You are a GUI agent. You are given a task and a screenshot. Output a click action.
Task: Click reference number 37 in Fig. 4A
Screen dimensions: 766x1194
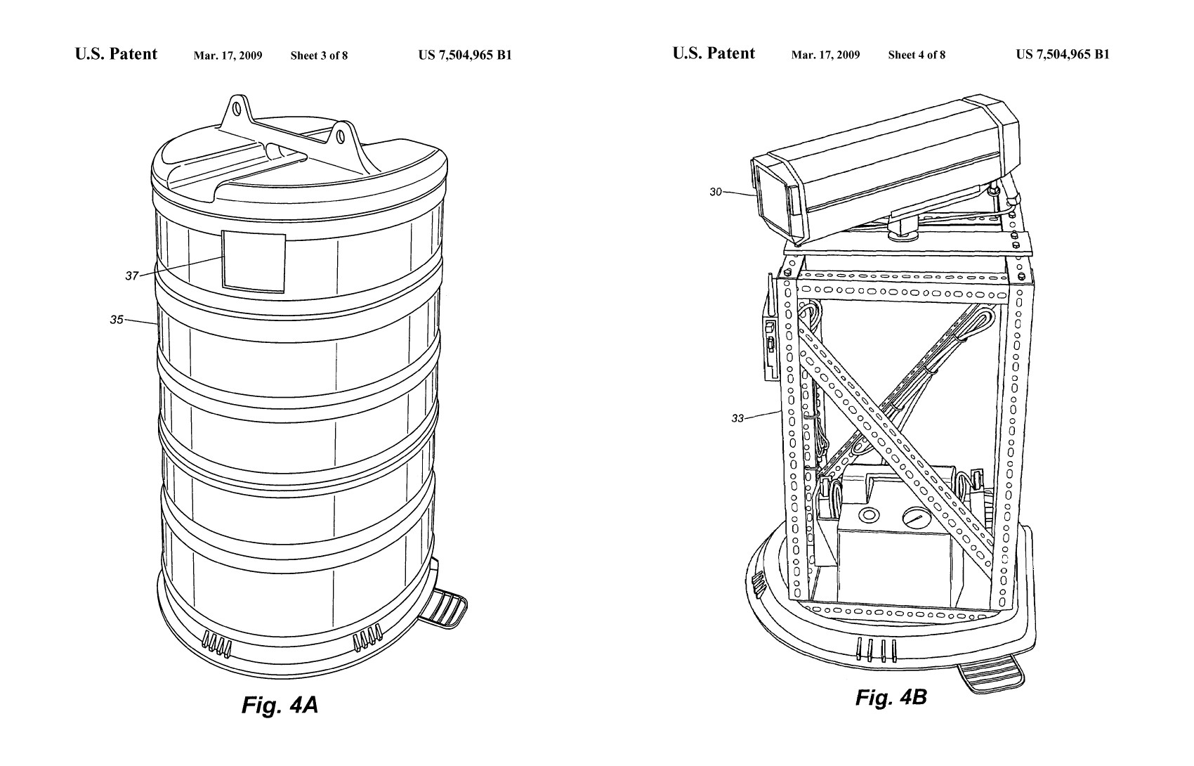pos(131,276)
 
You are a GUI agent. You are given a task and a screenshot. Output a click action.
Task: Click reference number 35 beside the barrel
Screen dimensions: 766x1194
pos(116,320)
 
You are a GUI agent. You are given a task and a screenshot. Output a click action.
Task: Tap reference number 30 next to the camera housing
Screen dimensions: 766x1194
pos(715,191)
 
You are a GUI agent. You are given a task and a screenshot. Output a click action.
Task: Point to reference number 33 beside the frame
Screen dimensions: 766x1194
pos(737,418)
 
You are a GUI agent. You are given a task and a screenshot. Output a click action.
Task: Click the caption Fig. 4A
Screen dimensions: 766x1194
pos(280,704)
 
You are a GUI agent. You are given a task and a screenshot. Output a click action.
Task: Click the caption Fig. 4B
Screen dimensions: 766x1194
pos(891,697)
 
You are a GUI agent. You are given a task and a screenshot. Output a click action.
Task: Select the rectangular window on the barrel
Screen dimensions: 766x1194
pos(254,260)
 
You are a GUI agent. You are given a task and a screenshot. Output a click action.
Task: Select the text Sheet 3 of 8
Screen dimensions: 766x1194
pos(319,56)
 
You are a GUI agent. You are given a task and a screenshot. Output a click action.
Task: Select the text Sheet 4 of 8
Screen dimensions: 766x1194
pos(916,55)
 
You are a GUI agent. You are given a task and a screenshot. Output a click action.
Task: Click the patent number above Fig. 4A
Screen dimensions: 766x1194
pos(464,56)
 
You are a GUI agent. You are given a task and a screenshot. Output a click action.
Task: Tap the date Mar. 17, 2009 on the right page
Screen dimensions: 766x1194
pos(825,55)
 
